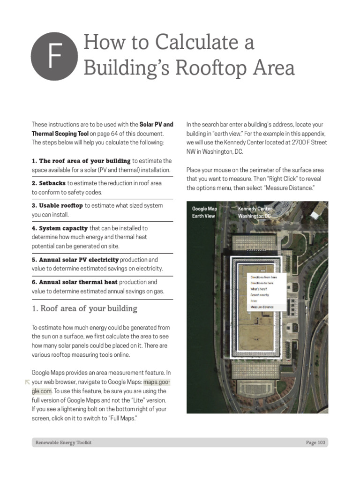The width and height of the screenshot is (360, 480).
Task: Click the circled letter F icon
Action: coord(54,56)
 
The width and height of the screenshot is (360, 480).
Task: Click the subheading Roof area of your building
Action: coord(84,308)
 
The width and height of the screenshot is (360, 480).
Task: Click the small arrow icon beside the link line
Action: coord(27,382)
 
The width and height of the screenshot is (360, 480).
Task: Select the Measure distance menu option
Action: coord(262,307)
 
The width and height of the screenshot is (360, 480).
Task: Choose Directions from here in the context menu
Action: coord(263,277)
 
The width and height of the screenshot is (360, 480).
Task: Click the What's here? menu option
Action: coord(259,289)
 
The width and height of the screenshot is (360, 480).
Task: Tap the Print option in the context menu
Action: coord(254,301)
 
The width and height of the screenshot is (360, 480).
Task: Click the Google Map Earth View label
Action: coord(204,212)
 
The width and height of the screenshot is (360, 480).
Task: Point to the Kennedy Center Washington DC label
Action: coord(254,212)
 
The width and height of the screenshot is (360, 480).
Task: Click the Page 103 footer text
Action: coord(315,442)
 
